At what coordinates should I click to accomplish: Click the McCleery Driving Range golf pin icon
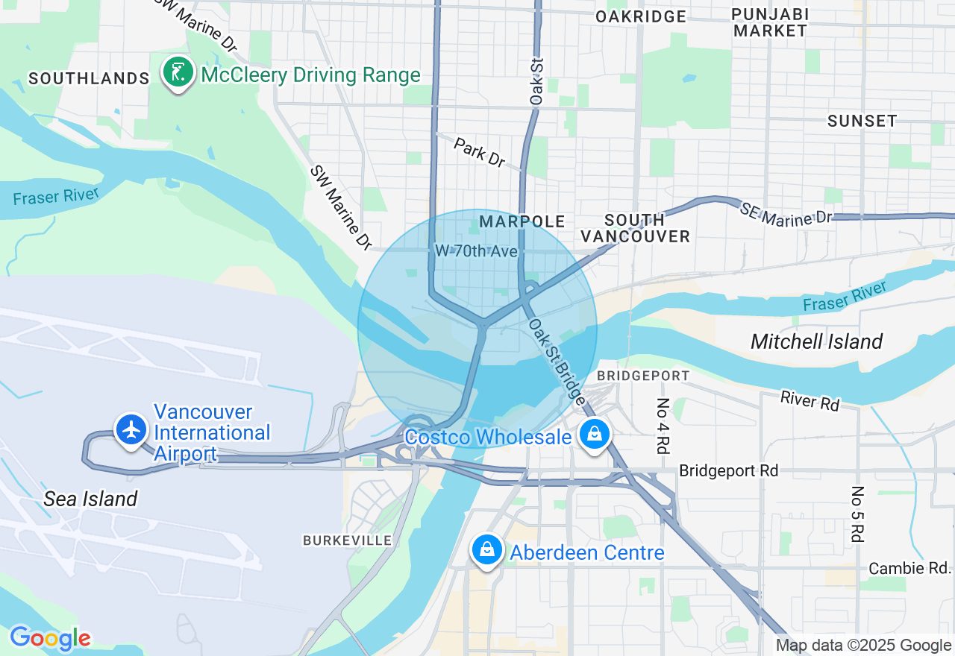[178, 72]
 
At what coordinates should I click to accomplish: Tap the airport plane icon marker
[132, 429]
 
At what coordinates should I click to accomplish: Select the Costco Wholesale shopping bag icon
[595, 433]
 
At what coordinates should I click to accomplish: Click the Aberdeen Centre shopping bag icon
[486, 550]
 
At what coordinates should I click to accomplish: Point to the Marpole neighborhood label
[522, 221]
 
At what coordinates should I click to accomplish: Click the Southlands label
[89, 78]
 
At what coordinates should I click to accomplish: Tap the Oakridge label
[641, 16]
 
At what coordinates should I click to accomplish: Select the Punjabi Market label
[769, 22]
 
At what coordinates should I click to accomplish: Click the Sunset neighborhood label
[862, 121]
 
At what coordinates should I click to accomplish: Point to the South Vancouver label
[636, 228]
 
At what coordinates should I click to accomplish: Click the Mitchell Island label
[816, 341]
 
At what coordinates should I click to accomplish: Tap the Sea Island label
[90, 499]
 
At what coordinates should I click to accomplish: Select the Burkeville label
[347, 540]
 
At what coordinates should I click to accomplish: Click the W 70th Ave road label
[476, 251]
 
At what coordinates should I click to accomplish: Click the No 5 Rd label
[857, 514]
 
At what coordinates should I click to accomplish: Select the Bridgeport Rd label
[728, 470]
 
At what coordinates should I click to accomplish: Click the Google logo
[50, 638]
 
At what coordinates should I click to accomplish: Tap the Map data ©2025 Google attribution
[863, 646]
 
